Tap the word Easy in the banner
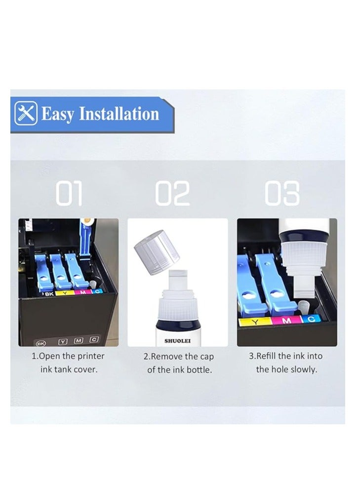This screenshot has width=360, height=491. [58, 114]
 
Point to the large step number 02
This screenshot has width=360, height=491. [173, 194]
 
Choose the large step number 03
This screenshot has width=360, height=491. [282, 194]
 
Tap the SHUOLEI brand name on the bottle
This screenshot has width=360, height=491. [177, 341]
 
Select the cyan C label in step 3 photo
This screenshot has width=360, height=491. [311, 319]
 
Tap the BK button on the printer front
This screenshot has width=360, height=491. [40, 341]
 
